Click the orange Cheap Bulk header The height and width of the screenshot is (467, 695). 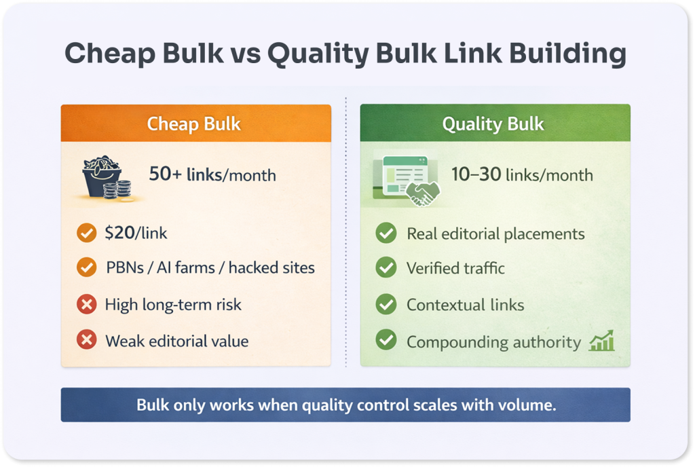(196, 123)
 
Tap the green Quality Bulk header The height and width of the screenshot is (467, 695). (495, 123)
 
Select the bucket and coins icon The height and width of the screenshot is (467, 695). (108, 178)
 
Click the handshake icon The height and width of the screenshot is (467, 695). (422, 193)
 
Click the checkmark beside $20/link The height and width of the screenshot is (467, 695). (86, 233)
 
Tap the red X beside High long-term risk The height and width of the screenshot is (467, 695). (86, 304)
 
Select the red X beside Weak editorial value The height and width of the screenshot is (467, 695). (86, 340)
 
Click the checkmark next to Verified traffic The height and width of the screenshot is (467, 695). (386, 267)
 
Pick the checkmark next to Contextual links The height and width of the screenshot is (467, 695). (386, 304)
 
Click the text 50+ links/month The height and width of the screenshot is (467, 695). (212, 174)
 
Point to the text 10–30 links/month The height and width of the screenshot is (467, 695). (522, 174)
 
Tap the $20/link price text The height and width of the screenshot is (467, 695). (136, 233)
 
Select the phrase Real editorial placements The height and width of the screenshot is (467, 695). (495, 234)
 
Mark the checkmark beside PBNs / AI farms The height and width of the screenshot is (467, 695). (86, 267)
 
